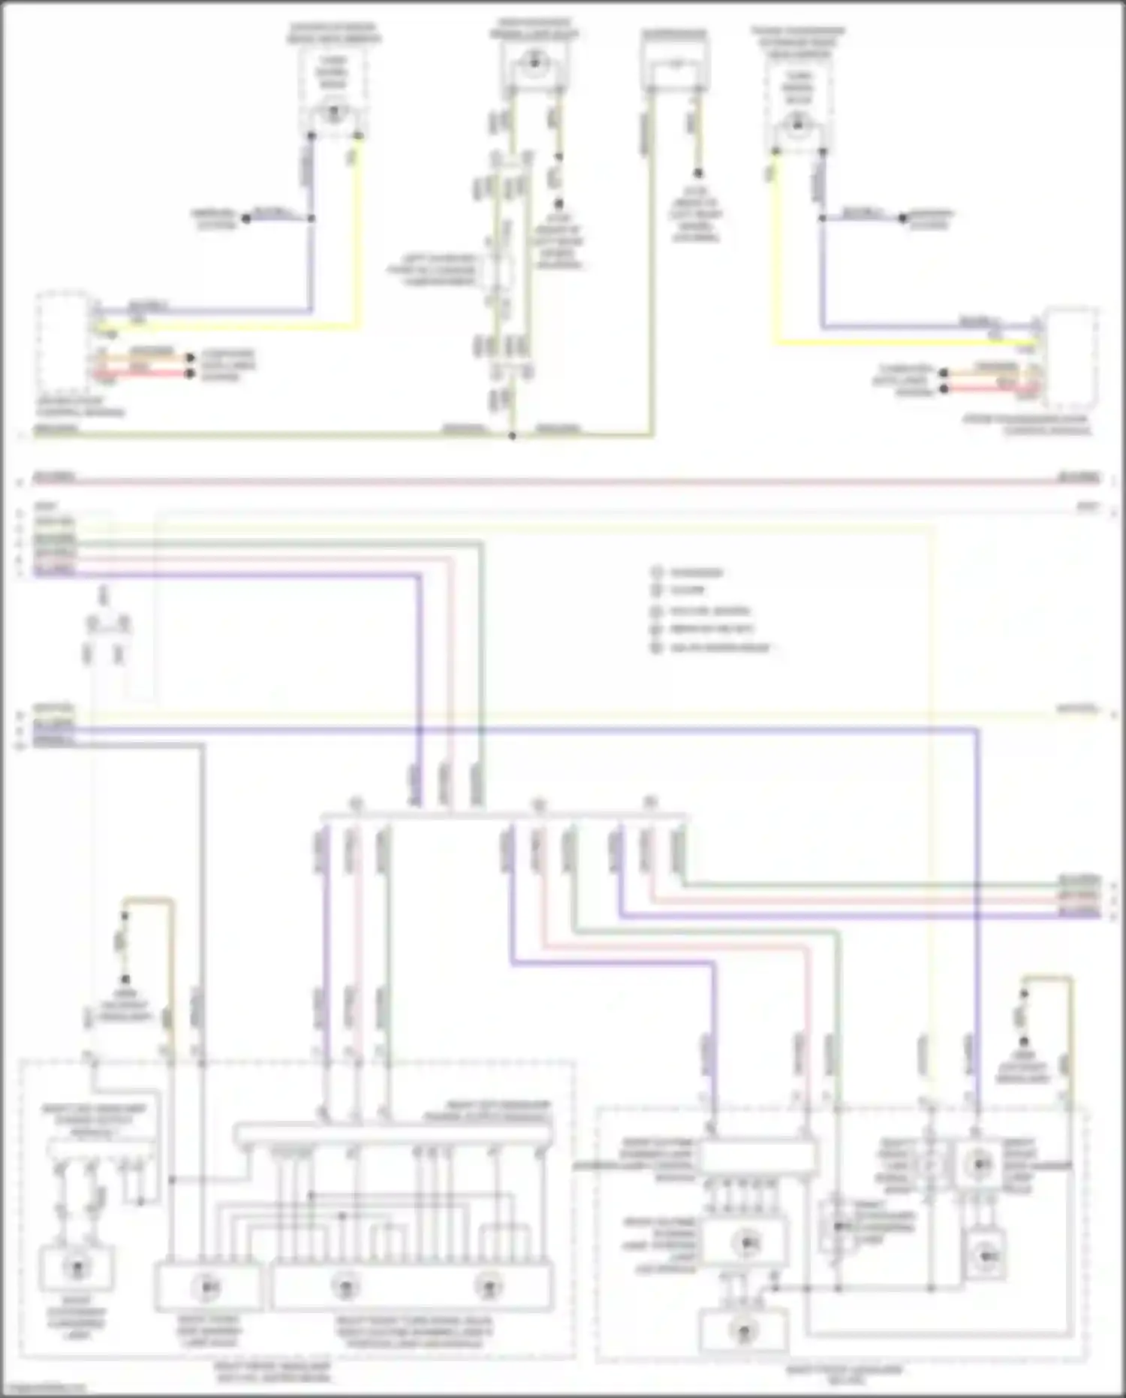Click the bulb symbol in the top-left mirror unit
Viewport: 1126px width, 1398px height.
(333, 113)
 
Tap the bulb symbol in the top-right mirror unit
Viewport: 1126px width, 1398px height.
(797, 122)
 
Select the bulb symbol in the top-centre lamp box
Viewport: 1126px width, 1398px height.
(534, 63)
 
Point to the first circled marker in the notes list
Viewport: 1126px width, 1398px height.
(657, 572)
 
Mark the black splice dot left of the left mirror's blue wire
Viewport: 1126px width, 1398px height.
(245, 219)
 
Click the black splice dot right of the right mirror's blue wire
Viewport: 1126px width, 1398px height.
(903, 219)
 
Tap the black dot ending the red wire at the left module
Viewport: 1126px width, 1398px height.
(191, 373)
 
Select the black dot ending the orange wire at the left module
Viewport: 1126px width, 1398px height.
(191, 358)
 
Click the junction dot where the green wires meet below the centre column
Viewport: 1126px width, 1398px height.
(513, 436)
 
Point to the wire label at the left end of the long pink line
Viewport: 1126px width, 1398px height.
(54, 477)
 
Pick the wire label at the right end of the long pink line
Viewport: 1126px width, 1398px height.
(1078, 477)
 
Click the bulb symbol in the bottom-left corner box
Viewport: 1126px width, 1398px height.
(76, 1268)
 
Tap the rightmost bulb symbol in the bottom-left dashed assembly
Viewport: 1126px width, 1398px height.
(489, 1286)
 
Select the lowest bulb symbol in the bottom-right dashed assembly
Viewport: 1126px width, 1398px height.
(744, 1332)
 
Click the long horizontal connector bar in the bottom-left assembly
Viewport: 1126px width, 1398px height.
(393, 1134)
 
